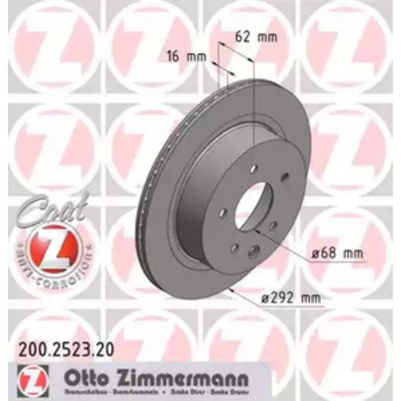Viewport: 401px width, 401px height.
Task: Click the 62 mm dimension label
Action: click(x=256, y=38)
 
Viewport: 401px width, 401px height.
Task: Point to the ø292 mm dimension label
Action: click(x=289, y=297)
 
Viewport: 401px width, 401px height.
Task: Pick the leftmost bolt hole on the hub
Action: click(x=223, y=213)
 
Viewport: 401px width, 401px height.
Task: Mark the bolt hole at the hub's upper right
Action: click(x=284, y=178)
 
